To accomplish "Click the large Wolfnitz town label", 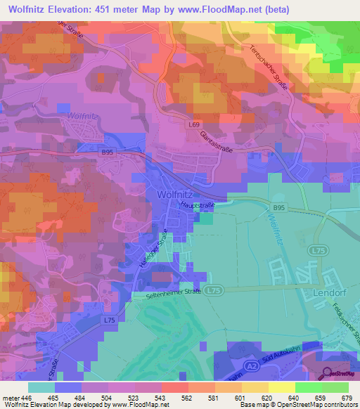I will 171,193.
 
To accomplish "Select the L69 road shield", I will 195,124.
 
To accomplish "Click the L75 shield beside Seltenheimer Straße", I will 212,290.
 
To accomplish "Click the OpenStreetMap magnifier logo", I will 328,372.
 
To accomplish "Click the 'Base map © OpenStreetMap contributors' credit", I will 298,405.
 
